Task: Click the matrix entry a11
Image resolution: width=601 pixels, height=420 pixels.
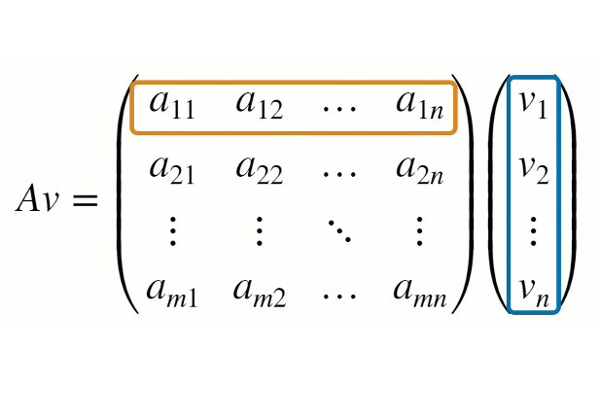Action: click(x=172, y=104)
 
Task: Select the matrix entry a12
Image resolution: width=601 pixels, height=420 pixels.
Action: click(x=259, y=104)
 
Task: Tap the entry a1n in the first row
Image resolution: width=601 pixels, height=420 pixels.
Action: click(x=420, y=104)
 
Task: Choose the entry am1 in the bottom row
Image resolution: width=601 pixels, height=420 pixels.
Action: click(x=172, y=291)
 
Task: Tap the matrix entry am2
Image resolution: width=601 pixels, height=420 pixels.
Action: click(x=259, y=291)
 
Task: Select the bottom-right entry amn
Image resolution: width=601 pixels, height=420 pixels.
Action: click(x=420, y=291)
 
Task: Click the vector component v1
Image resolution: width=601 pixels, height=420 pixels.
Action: click(x=533, y=104)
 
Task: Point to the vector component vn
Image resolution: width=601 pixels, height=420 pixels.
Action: click(x=533, y=291)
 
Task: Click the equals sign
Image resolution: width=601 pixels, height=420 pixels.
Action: click(x=82, y=200)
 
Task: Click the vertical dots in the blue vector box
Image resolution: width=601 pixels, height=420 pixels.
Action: click(x=533, y=231)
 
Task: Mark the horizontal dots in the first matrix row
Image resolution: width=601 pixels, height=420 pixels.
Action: click(x=339, y=107)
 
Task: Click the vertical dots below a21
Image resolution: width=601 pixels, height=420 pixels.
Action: click(x=172, y=231)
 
